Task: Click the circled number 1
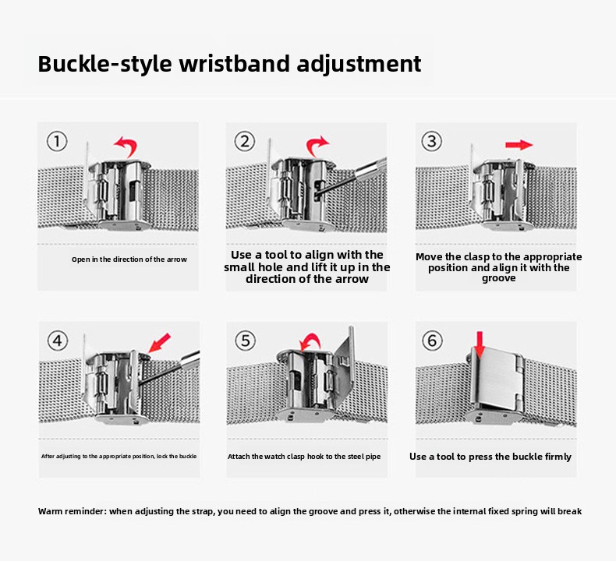(57, 141)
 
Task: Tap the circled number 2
(245, 141)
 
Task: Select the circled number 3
(432, 141)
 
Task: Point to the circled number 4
(58, 341)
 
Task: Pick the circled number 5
(245, 341)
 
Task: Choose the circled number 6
(432, 341)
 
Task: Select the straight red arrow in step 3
(519, 145)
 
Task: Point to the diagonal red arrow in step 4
(160, 343)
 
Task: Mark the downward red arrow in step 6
(480, 345)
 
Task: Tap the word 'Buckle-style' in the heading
(105, 65)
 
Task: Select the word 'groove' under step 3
(498, 278)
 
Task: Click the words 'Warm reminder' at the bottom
(72, 511)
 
